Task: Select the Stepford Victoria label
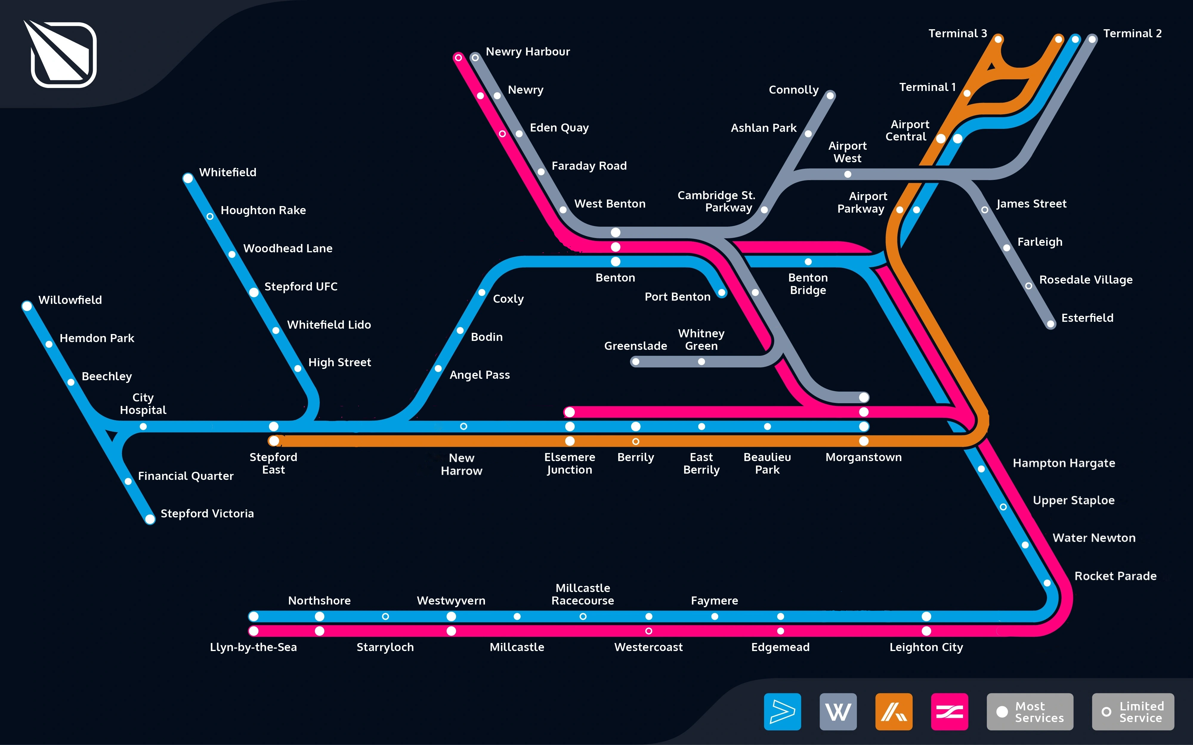(x=207, y=514)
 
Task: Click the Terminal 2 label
(x=1132, y=33)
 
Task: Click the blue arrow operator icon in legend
(x=782, y=712)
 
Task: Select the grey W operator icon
(x=838, y=712)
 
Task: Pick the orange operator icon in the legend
(x=893, y=712)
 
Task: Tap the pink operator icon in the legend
(x=949, y=712)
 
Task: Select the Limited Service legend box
(x=1132, y=712)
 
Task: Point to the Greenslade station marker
(x=636, y=362)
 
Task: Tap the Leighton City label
(x=926, y=647)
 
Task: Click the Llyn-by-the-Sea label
(x=253, y=647)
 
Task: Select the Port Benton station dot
(x=722, y=293)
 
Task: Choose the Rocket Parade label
(x=1115, y=576)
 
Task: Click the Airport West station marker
(x=848, y=174)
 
